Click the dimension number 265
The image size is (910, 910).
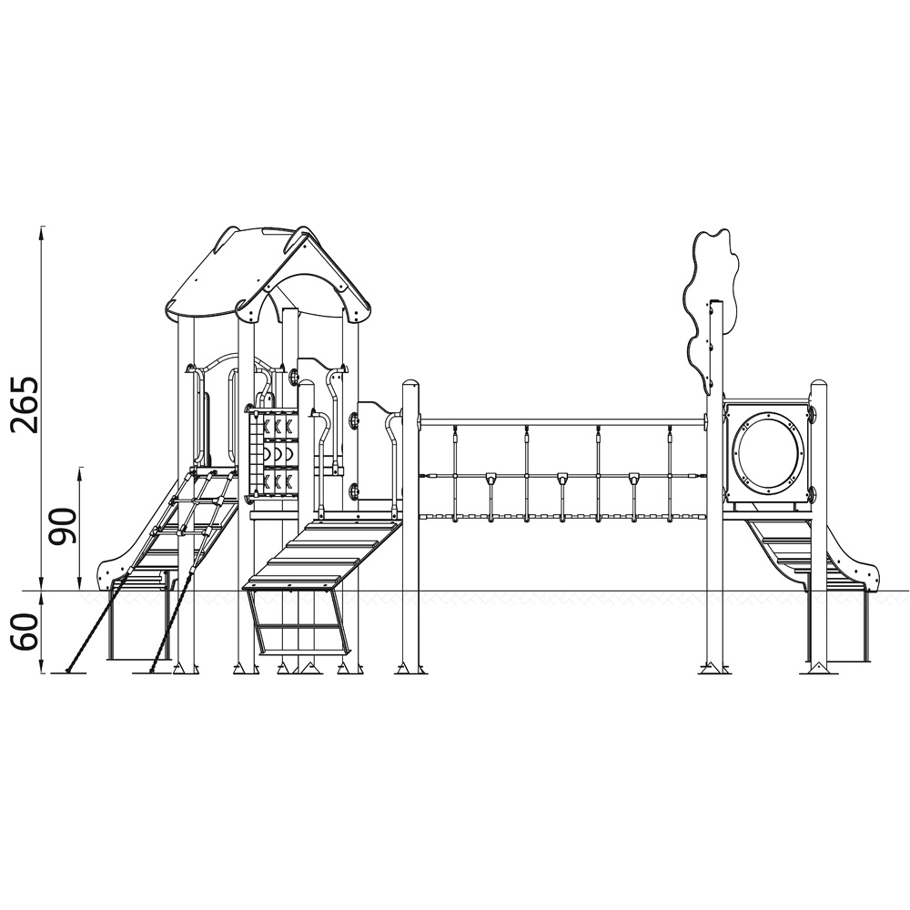coord(26,405)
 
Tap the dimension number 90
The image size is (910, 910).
coord(63,526)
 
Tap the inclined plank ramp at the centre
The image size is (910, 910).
coord(325,554)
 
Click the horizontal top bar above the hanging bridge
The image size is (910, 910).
coord(562,422)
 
